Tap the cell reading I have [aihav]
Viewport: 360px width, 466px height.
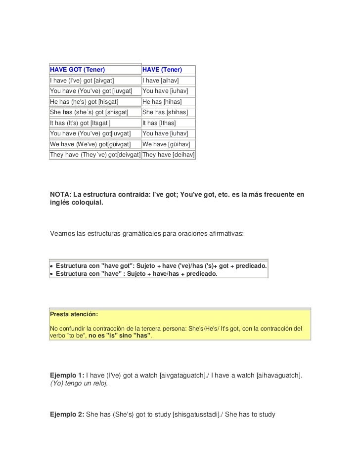[x=160, y=80]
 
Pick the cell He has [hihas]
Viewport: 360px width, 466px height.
[x=162, y=101]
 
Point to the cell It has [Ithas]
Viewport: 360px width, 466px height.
[x=159, y=123]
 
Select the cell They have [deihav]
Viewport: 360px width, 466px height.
[x=168, y=155]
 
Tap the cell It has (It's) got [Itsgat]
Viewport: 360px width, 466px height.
[x=80, y=123]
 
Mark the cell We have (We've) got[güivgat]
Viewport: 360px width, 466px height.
[x=90, y=144]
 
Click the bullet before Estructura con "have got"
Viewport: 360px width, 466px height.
[x=51, y=266]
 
